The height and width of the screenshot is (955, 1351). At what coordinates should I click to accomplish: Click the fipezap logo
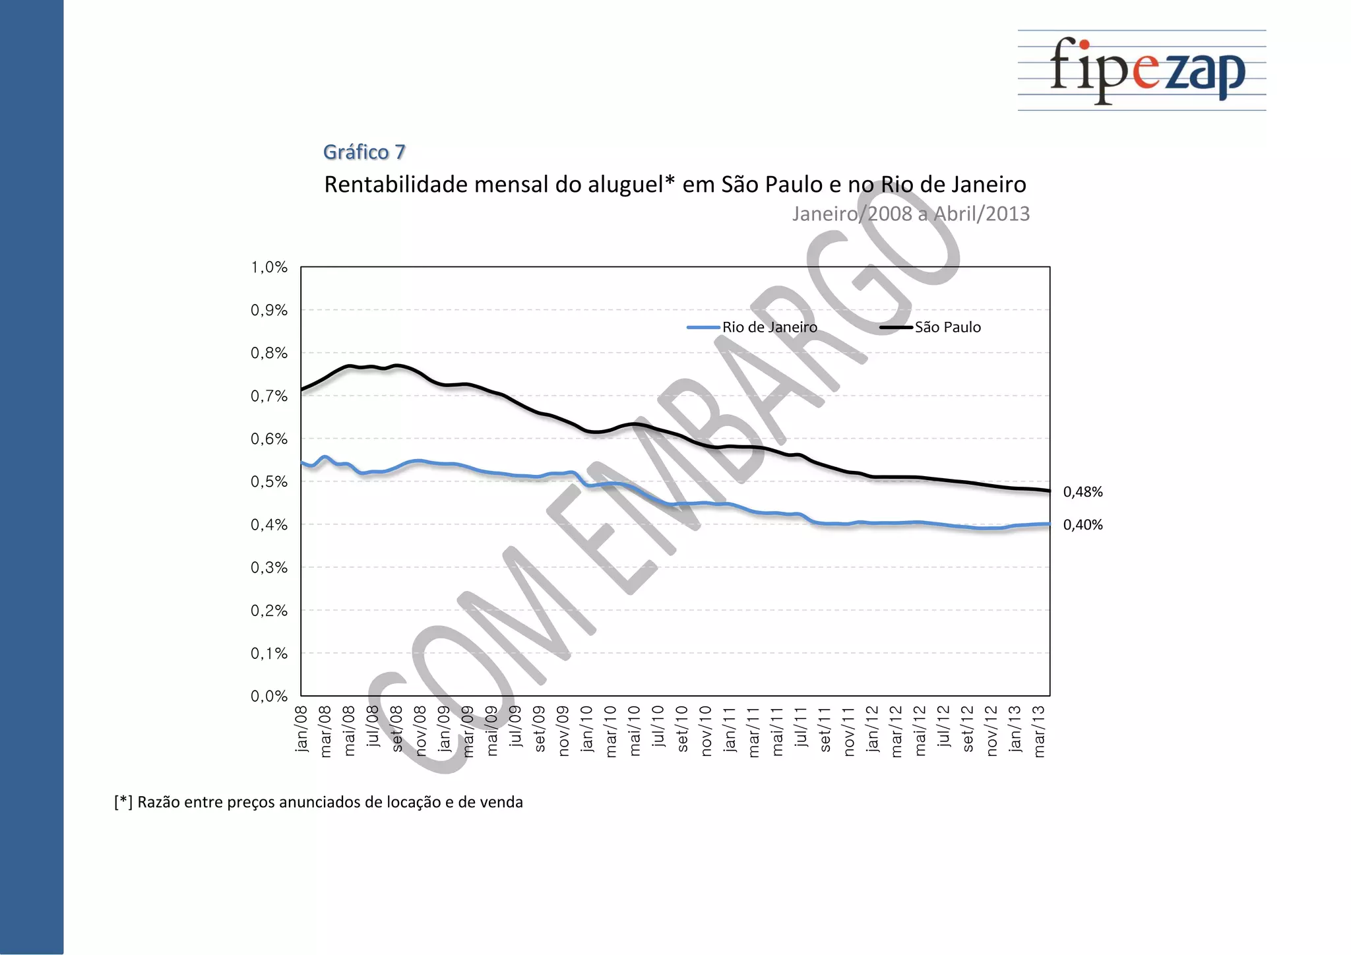click(x=1147, y=70)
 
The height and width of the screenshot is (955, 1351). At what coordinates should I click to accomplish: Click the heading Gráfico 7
click(x=364, y=152)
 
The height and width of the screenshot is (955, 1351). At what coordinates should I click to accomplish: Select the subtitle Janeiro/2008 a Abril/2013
click(x=910, y=214)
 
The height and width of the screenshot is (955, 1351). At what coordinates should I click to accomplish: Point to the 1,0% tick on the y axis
click(x=269, y=267)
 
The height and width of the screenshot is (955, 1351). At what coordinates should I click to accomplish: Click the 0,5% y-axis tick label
click(x=269, y=481)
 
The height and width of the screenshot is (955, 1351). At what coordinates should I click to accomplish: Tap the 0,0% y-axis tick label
click(x=269, y=696)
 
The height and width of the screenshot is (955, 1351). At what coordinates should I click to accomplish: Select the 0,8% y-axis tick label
click(x=269, y=353)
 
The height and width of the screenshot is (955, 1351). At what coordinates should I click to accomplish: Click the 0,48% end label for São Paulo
click(x=1083, y=492)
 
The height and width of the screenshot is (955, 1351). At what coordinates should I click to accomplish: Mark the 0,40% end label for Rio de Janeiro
click(x=1083, y=525)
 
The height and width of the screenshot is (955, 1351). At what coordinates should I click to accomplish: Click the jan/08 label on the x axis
click(x=302, y=729)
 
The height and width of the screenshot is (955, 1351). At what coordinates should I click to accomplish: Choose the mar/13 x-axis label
click(x=1039, y=731)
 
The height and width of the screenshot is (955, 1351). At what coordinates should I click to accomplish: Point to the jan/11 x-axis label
click(x=730, y=729)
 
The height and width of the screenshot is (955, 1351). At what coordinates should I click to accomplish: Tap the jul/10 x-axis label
click(x=658, y=726)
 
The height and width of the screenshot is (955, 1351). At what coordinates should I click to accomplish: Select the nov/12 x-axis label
click(x=991, y=731)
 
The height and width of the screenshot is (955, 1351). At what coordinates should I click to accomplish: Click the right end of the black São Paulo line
click(x=1049, y=491)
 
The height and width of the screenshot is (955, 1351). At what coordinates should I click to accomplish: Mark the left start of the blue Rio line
click(x=302, y=463)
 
